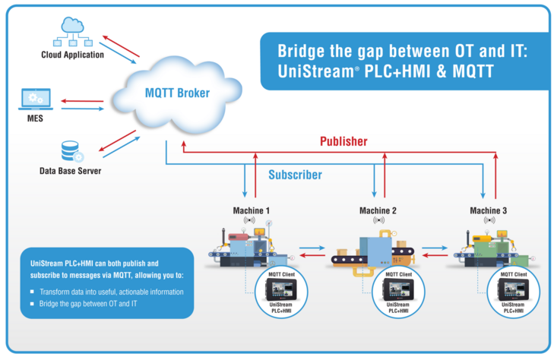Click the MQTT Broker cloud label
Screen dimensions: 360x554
click(x=176, y=93)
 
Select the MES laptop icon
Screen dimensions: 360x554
click(x=36, y=98)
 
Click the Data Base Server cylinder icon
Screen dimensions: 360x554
click(x=71, y=151)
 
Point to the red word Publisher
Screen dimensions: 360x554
click(x=343, y=141)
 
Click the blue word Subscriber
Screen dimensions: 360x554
click(x=295, y=175)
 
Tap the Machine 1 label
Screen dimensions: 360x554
click(x=251, y=210)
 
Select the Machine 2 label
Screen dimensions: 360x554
click(x=378, y=210)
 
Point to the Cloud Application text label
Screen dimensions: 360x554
click(x=72, y=55)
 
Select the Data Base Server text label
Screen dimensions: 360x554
click(x=70, y=171)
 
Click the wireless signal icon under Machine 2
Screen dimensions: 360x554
click(x=378, y=220)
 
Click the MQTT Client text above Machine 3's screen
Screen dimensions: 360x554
click(x=514, y=273)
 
